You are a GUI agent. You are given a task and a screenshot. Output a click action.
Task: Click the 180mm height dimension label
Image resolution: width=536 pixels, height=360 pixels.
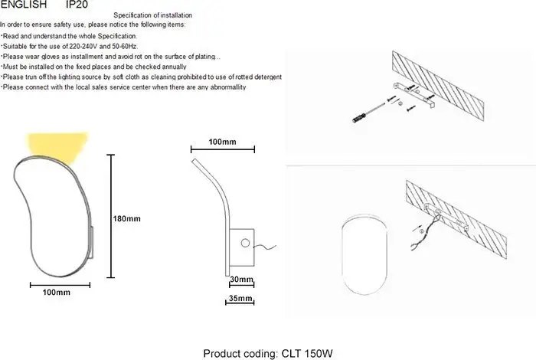point(127,219)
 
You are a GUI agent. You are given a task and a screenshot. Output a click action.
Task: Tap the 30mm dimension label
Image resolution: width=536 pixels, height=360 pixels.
point(241,280)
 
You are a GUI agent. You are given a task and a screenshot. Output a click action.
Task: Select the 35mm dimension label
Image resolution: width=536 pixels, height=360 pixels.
point(240,298)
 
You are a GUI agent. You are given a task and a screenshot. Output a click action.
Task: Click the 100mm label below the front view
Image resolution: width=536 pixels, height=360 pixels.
point(57,293)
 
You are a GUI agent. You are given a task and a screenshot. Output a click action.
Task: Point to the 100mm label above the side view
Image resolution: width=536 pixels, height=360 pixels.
point(222,142)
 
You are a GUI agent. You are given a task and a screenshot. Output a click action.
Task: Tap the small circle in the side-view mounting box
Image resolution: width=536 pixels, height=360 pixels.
point(245,243)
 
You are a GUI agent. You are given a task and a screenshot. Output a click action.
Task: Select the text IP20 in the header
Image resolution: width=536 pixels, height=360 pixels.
point(77,5)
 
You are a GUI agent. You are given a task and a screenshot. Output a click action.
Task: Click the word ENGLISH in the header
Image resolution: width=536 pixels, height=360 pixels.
point(24,5)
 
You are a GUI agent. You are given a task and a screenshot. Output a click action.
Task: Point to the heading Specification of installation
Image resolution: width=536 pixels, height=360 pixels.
point(153,15)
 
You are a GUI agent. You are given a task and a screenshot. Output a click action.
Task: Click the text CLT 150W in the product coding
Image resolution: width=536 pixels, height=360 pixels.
point(307,353)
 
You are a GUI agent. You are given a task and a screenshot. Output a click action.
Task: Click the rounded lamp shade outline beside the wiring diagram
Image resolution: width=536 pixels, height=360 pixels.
point(342,254)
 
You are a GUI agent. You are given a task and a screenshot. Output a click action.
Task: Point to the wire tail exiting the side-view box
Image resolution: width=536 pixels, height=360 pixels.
point(265,247)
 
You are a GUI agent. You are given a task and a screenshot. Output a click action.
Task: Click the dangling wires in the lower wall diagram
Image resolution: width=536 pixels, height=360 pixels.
point(425,233)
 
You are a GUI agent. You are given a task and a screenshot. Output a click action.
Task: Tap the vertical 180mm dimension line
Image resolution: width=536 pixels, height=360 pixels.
point(110,216)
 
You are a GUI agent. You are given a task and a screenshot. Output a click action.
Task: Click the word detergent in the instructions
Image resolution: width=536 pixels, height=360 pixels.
point(268,77)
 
